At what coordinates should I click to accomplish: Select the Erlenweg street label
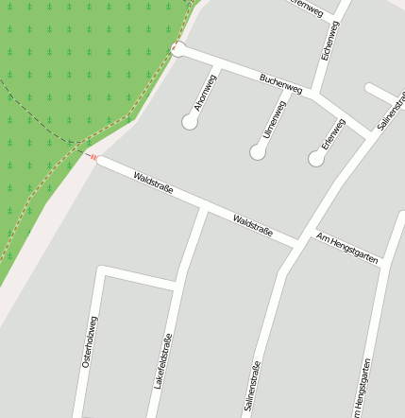click(332, 134)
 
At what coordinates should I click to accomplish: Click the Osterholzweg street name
click(88, 340)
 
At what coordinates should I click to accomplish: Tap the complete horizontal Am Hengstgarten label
click(347, 247)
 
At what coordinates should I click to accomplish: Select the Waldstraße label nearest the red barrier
click(153, 183)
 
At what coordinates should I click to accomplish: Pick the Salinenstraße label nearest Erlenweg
click(390, 111)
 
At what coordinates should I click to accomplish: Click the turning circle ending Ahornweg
click(190, 121)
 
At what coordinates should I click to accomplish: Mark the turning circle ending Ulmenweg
click(258, 151)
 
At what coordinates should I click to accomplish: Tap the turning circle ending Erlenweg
click(316, 158)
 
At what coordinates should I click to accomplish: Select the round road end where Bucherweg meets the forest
click(178, 49)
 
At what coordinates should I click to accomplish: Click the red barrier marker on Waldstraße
click(93, 157)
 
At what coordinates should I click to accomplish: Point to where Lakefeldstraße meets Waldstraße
click(203, 209)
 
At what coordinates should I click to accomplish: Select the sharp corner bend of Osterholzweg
click(100, 271)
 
